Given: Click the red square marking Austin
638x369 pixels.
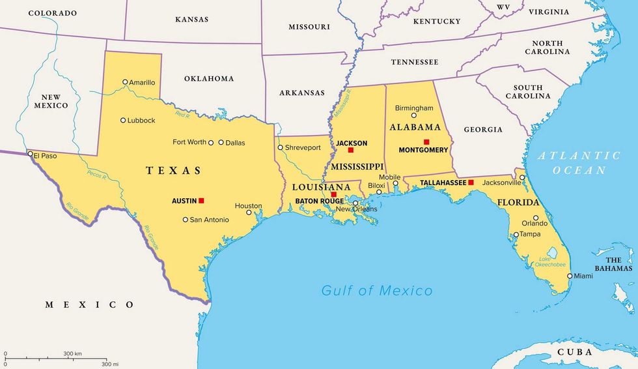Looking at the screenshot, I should (201, 201).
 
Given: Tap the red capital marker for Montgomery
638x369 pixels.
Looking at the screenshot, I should (426, 142).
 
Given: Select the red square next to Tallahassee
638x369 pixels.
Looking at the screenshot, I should (471, 183).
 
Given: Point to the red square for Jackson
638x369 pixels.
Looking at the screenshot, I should (350, 150).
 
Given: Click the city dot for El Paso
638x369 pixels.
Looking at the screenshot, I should (30, 154).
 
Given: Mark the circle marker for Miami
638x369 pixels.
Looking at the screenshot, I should (570, 276).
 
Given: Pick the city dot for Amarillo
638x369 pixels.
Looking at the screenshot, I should (125, 82).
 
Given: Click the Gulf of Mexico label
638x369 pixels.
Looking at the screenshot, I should (376, 291).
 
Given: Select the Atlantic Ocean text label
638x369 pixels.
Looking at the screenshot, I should (579, 162).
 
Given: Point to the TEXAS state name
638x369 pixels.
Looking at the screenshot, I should (174, 171).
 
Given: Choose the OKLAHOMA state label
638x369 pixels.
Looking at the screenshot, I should (209, 78).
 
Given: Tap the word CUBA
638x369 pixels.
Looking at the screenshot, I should (575, 352).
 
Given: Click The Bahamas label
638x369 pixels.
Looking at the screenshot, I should (613, 264).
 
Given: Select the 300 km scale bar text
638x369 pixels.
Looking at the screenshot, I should (72, 353).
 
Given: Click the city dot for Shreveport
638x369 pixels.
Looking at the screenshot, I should (281, 147).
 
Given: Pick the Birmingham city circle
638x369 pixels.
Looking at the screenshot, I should (413, 115).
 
